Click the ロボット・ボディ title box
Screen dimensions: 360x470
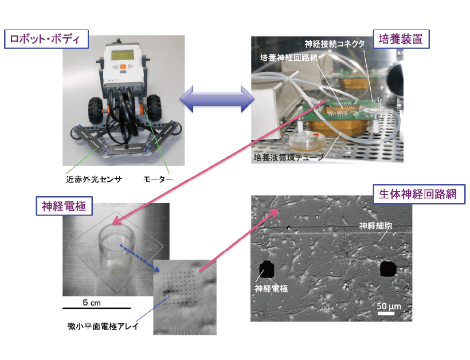[46, 40]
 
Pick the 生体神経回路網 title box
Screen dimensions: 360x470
[419, 194]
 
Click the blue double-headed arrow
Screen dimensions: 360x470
[217, 99]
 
